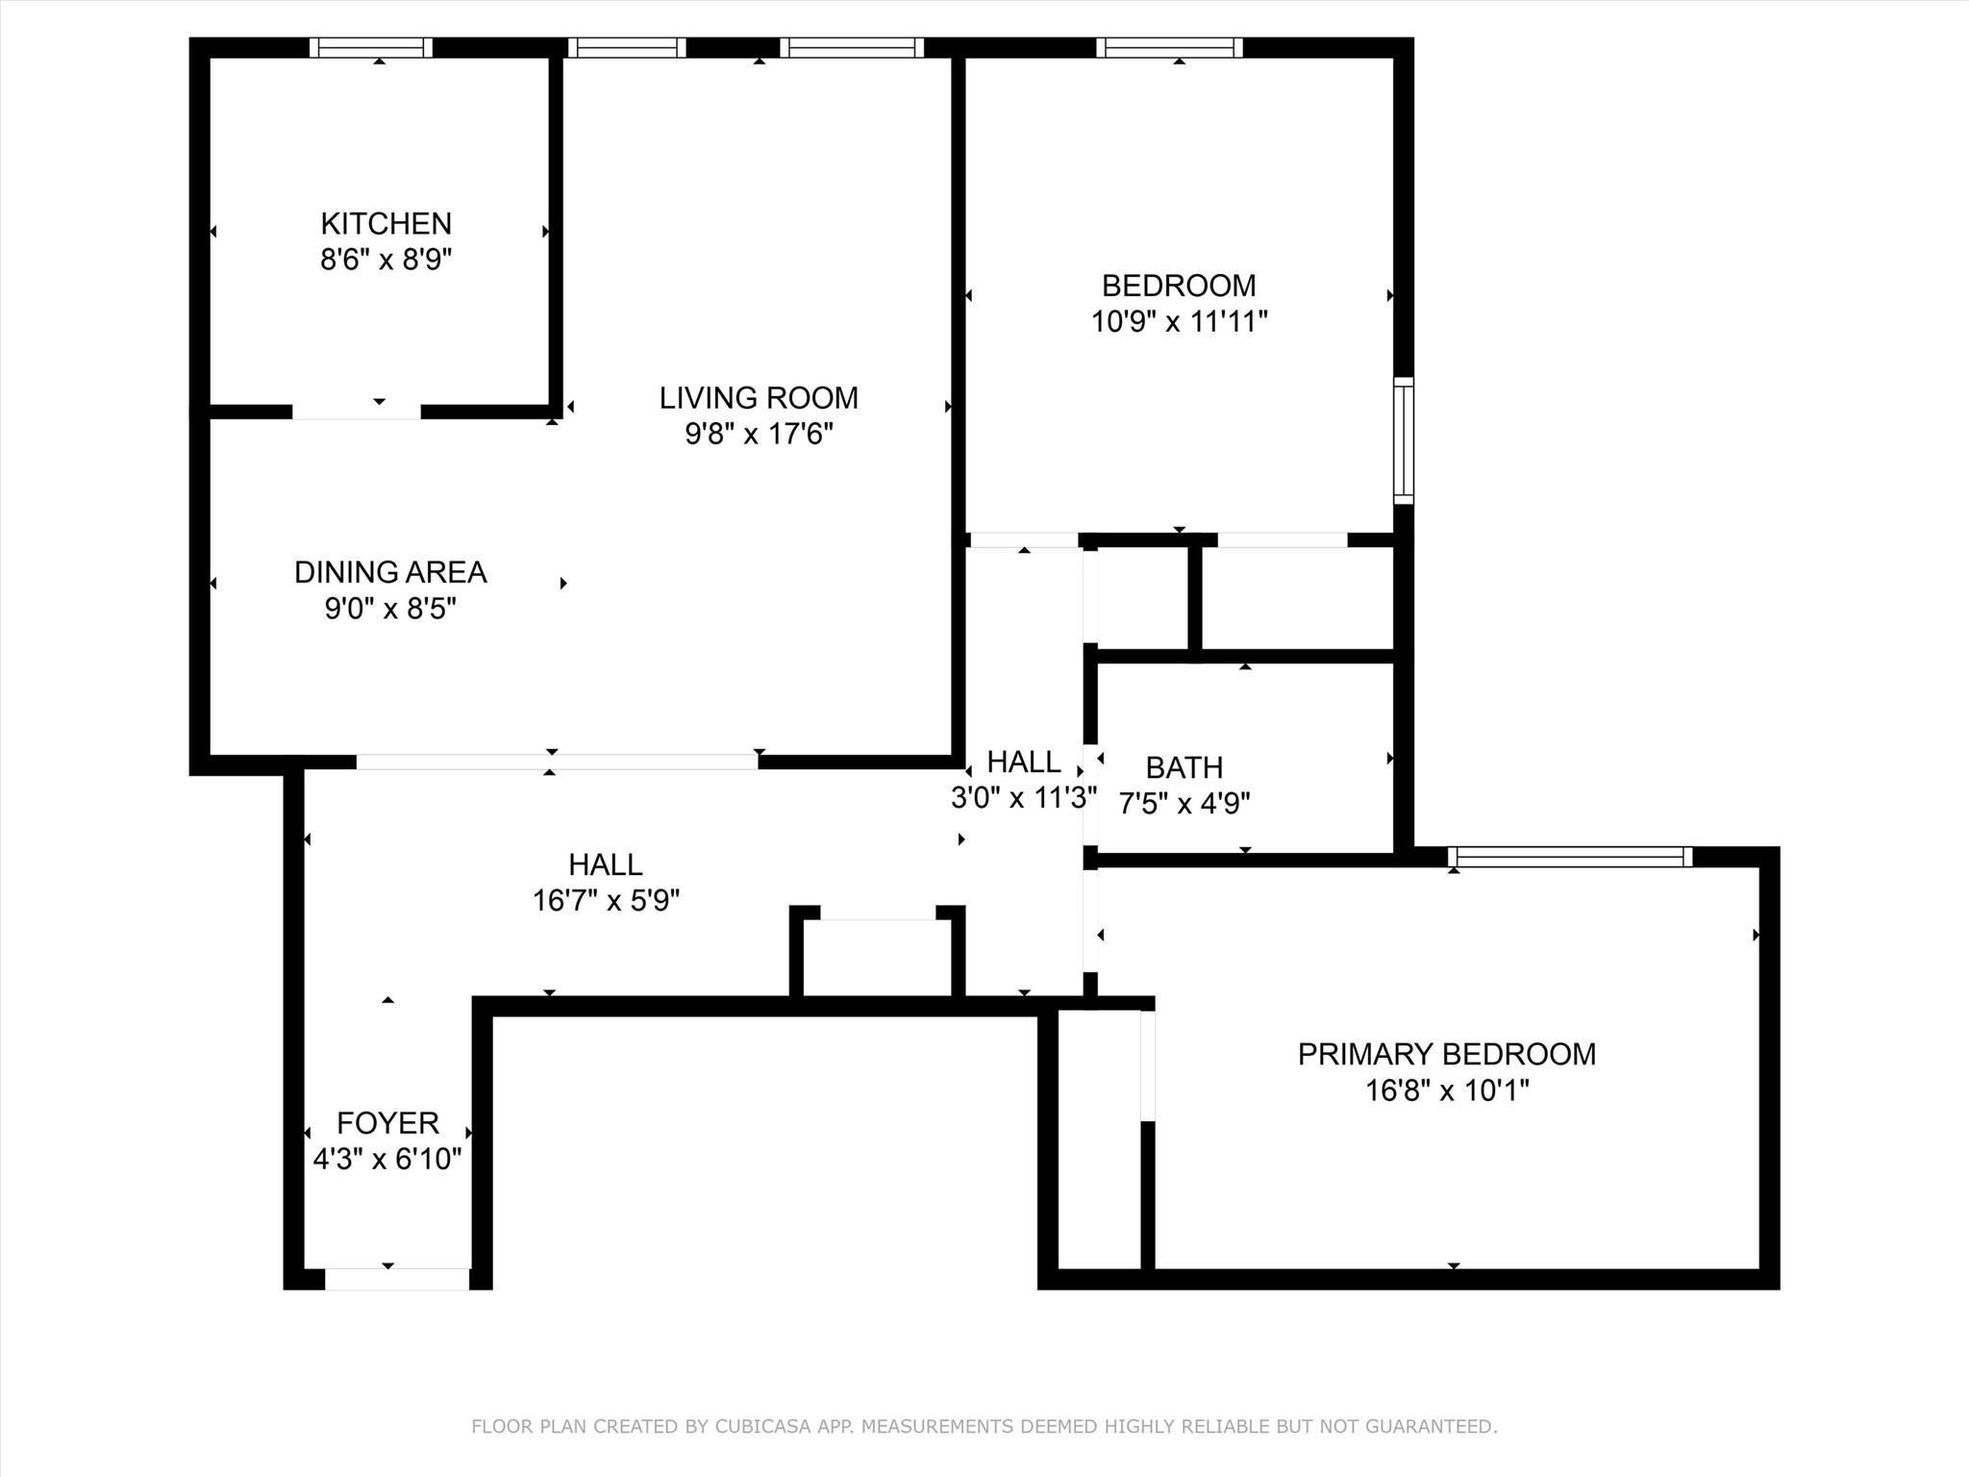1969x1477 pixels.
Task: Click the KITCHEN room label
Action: coord(386,223)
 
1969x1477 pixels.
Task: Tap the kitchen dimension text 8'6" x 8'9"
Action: coord(386,259)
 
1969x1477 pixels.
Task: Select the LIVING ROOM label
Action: coord(759,397)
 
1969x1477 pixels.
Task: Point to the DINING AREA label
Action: coord(390,572)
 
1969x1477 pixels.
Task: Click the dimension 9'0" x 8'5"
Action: coord(390,608)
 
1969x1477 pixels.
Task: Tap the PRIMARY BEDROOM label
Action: coord(1447,1054)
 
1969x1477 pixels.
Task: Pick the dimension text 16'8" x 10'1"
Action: coord(1447,1090)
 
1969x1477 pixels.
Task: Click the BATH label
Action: coord(1184,767)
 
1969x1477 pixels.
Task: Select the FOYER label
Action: coord(387,1123)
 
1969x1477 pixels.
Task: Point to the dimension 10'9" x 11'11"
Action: coord(1179,321)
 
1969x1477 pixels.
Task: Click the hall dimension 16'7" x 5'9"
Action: coord(606,900)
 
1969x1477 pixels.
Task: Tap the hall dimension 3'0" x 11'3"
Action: coord(1024,797)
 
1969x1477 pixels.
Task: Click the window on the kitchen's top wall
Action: coord(371,48)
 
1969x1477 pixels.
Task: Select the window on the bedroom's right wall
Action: coord(1404,440)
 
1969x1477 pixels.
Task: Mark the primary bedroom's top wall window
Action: coord(1570,857)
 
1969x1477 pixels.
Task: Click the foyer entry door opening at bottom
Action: coord(397,1279)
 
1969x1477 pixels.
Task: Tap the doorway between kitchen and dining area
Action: coord(357,412)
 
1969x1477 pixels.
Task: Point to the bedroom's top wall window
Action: coord(1169,48)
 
